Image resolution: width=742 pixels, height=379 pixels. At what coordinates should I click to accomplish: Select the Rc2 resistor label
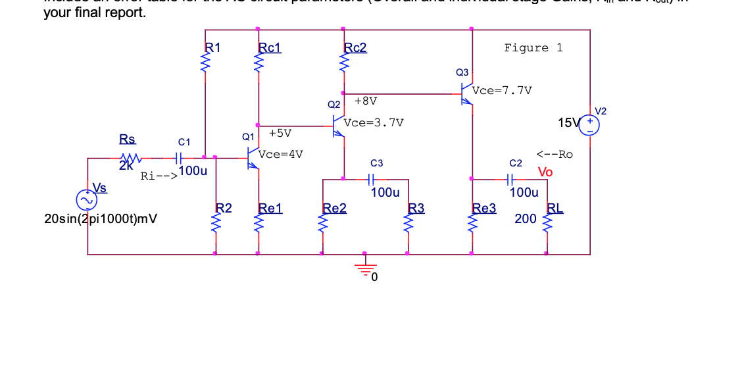(x=355, y=47)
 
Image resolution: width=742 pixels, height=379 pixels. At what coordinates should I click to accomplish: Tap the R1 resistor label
(x=213, y=47)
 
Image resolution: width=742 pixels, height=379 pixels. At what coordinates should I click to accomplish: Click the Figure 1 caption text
(x=533, y=47)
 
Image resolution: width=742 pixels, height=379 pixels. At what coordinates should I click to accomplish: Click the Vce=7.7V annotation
(x=502, y=91)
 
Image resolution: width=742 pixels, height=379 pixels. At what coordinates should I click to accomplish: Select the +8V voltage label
(x=365, y=101)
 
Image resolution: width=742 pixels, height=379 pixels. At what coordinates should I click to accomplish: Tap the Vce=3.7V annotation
(x=374, y=122)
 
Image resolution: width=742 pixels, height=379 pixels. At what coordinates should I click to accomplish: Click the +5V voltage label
(x=280, y=133)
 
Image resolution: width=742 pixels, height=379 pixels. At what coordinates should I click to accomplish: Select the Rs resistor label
(x=127, y=139)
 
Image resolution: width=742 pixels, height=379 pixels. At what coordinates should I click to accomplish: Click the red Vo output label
(x=545, y=172)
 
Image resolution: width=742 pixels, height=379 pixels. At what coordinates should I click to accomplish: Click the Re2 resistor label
(x=334, y=209)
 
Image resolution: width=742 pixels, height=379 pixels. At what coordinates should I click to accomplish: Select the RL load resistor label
(x=556, y=209)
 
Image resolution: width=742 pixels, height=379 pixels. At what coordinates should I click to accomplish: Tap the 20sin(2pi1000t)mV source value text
(x=100, y=218)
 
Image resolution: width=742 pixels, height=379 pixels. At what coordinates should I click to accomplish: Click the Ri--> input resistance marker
(x=158, y=176)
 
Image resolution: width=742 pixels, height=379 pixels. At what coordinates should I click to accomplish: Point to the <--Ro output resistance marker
(x=554, y=155)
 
